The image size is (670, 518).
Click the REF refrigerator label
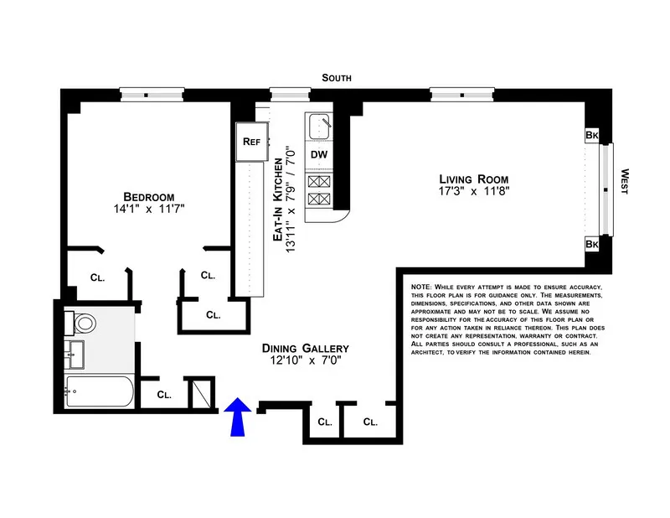252,142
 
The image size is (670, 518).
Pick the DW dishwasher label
319,154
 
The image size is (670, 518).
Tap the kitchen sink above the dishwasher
318,127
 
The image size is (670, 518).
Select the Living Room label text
474,179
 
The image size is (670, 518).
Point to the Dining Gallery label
305,348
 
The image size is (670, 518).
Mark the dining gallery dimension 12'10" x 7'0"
305,362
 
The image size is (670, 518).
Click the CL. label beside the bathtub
164,394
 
